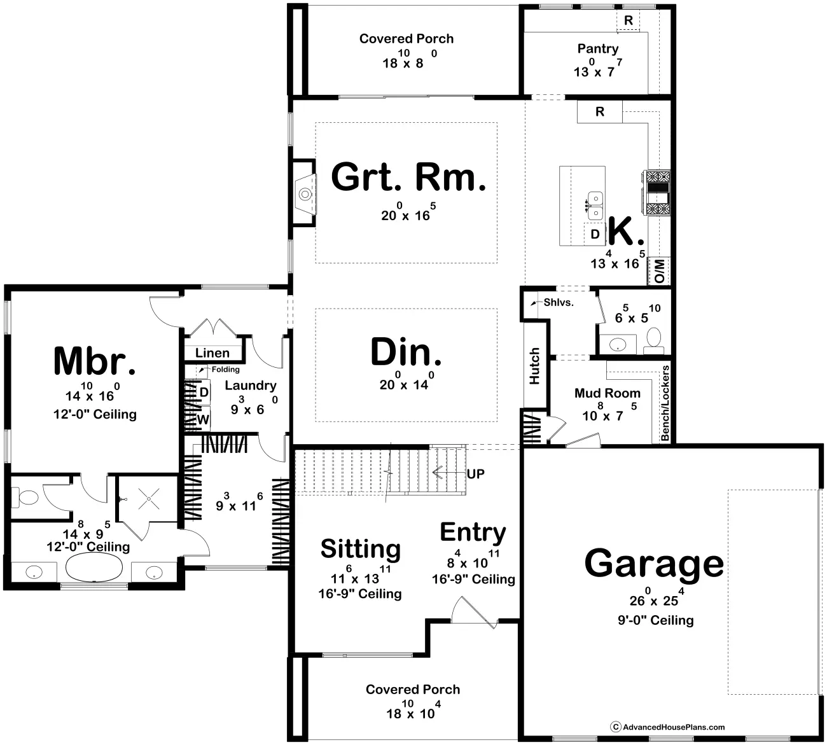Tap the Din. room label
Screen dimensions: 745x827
tap(406, 352)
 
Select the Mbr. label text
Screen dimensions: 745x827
tap(94, 361)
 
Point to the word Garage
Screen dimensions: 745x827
tap(654, 563)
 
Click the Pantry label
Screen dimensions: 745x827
tap(597, 48)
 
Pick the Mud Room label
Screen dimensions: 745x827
tap(607, 393)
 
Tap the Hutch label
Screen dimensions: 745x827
tap(534, 366)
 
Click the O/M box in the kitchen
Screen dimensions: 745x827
tap(659, 271)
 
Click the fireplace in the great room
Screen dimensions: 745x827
tap(305, 193)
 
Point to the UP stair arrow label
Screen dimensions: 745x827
tap(475, 474)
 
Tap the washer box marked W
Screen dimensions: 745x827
tap(203, 419)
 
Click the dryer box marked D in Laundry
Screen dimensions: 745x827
tap(204, 393)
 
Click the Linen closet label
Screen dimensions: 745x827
tap(212, 353)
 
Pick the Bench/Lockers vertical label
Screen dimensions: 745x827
tap(665, 403)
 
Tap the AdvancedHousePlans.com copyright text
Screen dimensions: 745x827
tap(673, 727)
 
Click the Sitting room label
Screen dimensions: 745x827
tap(361, 548)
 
